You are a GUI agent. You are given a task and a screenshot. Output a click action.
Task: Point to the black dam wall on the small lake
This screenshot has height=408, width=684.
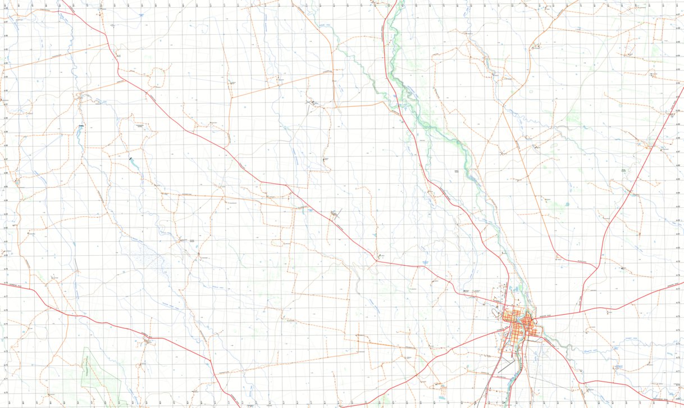coord(131,158)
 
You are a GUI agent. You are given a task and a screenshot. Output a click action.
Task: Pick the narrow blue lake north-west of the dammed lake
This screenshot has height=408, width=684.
coord(80,133)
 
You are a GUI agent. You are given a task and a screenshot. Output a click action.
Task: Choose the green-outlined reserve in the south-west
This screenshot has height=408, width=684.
coord(101,374)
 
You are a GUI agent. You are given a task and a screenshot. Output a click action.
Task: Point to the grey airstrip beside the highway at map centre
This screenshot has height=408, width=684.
coord(336,214)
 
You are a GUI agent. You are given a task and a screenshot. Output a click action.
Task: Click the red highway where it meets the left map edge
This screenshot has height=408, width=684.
coord(2,284)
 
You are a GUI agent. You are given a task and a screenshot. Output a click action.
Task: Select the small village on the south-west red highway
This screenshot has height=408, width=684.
coord(148,339)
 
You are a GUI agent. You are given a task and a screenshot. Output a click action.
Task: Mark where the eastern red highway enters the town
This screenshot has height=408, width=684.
coord(536,319)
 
